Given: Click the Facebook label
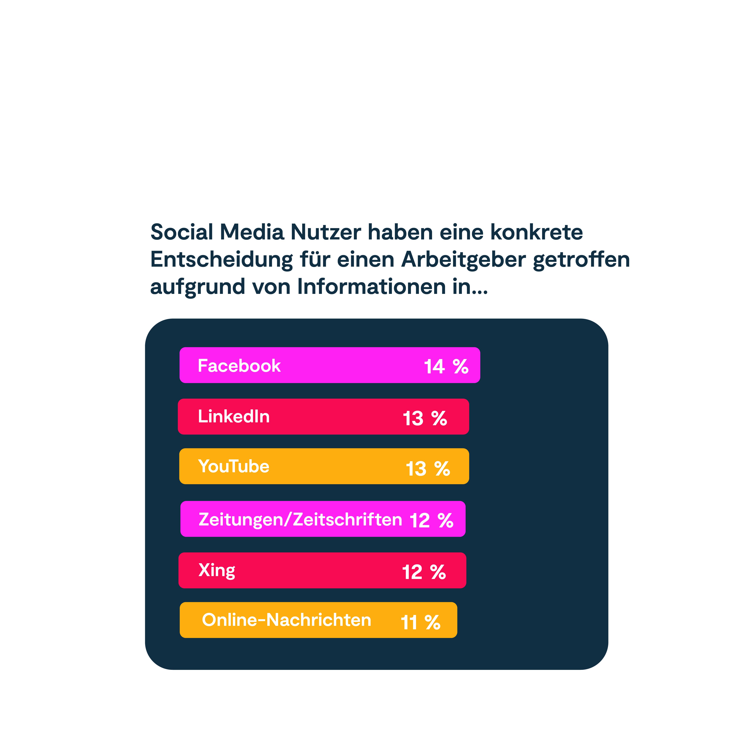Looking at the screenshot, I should [239, 366].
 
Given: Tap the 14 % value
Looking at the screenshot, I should [446, 367].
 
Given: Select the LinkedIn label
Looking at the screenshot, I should [234, 416].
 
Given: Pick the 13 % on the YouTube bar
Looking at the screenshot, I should [428, 468].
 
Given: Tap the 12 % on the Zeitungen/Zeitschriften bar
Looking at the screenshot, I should [431, 520].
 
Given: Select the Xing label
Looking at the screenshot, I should [217, 570].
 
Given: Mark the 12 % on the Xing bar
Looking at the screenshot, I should [424, 572].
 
